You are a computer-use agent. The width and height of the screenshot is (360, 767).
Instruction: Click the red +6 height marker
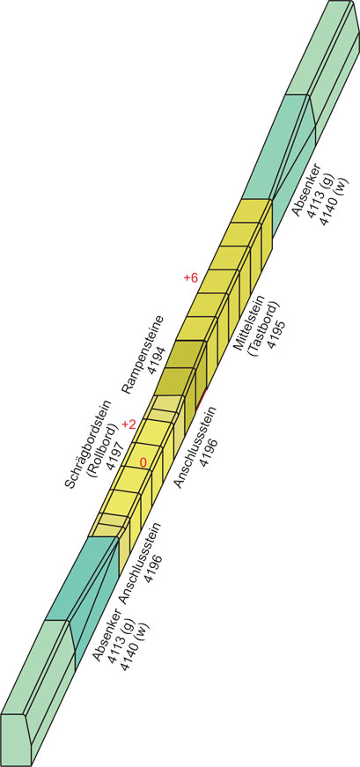pos(190,278)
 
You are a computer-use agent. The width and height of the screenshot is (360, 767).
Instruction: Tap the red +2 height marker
pos(129,424)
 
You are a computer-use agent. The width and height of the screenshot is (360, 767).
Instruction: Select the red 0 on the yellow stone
pos(143,462)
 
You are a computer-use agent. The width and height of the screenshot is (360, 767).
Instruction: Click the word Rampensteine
pos(143,354)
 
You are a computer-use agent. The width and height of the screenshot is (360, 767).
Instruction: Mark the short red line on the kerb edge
pos(201,399)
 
